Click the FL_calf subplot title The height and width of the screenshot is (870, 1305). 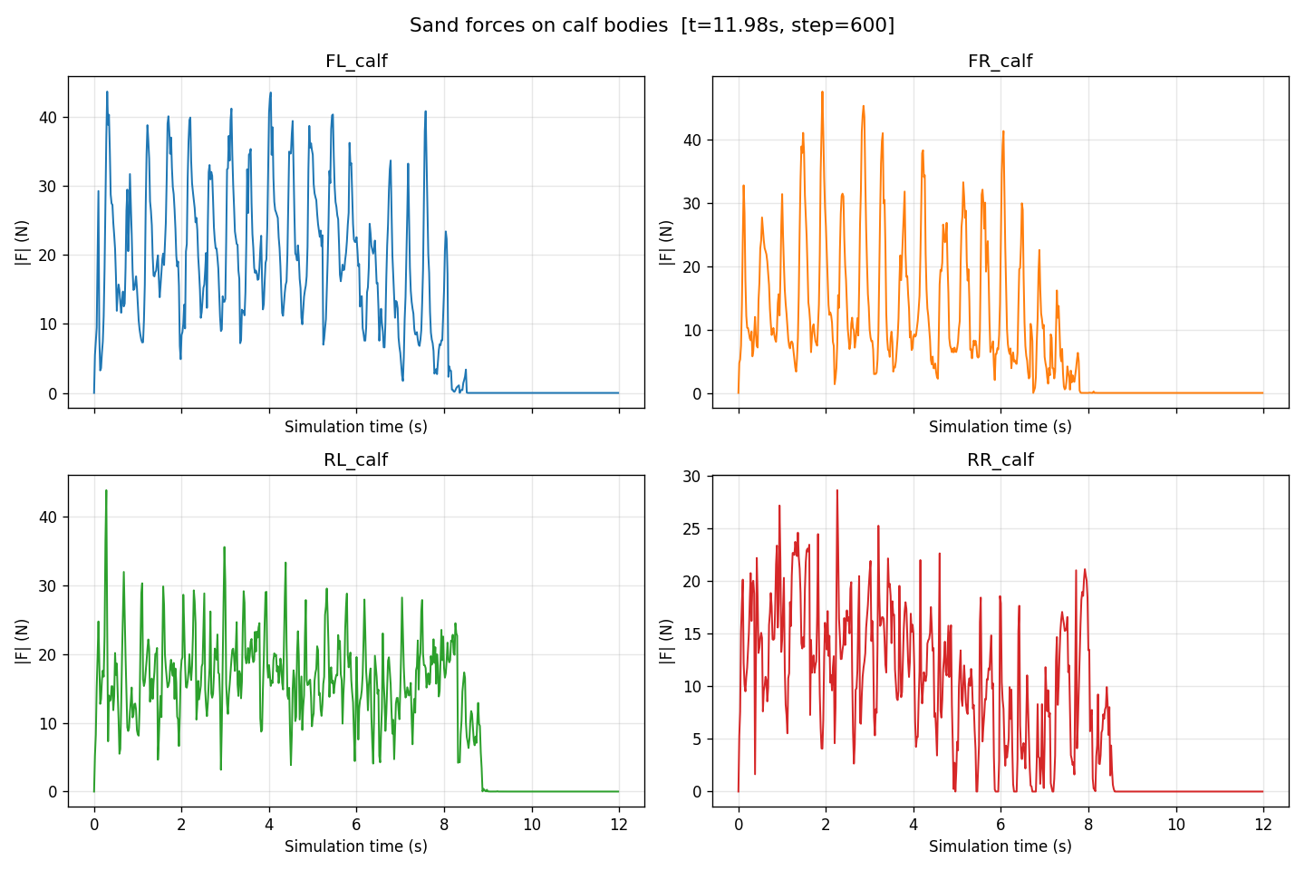pyautogui.click(x=356, y=62)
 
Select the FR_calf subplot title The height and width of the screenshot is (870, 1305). pyautogui.click(x=1000, y=62)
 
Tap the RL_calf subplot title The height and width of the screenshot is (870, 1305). pyautogui.click(x=356, y=459)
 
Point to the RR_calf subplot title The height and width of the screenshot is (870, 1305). pyautogui.click(x=1000, y=459)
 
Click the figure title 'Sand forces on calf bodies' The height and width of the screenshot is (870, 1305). pyautogui.click(x=538, y=25)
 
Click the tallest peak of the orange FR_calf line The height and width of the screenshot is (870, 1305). pyautogui.click(x=822, y=92)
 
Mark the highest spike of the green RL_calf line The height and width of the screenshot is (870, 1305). pyautogui.click(x=106, y=490)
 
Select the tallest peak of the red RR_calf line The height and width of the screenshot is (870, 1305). pyautogui.click(x=837, y=490)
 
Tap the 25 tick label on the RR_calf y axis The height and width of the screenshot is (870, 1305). pyautogui.click(x=691, y=529)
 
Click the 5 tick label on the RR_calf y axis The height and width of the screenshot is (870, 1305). pyautogui.click(x=696, y=739)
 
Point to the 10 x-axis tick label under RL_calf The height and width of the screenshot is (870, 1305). pyautogui.click(x=532, y=825)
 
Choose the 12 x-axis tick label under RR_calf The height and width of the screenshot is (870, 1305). pyautogui.click(x=1263, y=825)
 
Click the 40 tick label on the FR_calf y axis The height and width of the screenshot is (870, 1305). pyautogui.click(x=691, y=140)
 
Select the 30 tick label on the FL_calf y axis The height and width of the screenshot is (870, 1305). pyautogui.click(x=48, y=187)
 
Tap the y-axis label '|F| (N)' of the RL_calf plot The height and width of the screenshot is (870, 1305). pyautogui.click(x=22, y=642)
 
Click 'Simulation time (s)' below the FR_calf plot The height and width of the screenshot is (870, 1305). pyautogui.click(x=1000, y=427)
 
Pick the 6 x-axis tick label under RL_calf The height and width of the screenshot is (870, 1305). pyautogui.click(x=356, y=825)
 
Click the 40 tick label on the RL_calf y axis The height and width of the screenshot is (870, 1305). pyautogui.click(x=48, y=517)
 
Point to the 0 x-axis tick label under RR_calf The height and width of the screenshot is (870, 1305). pyautogui.click(x=739, y=825)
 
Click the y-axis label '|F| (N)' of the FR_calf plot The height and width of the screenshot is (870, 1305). pyautogui.click(x=666, y=242)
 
